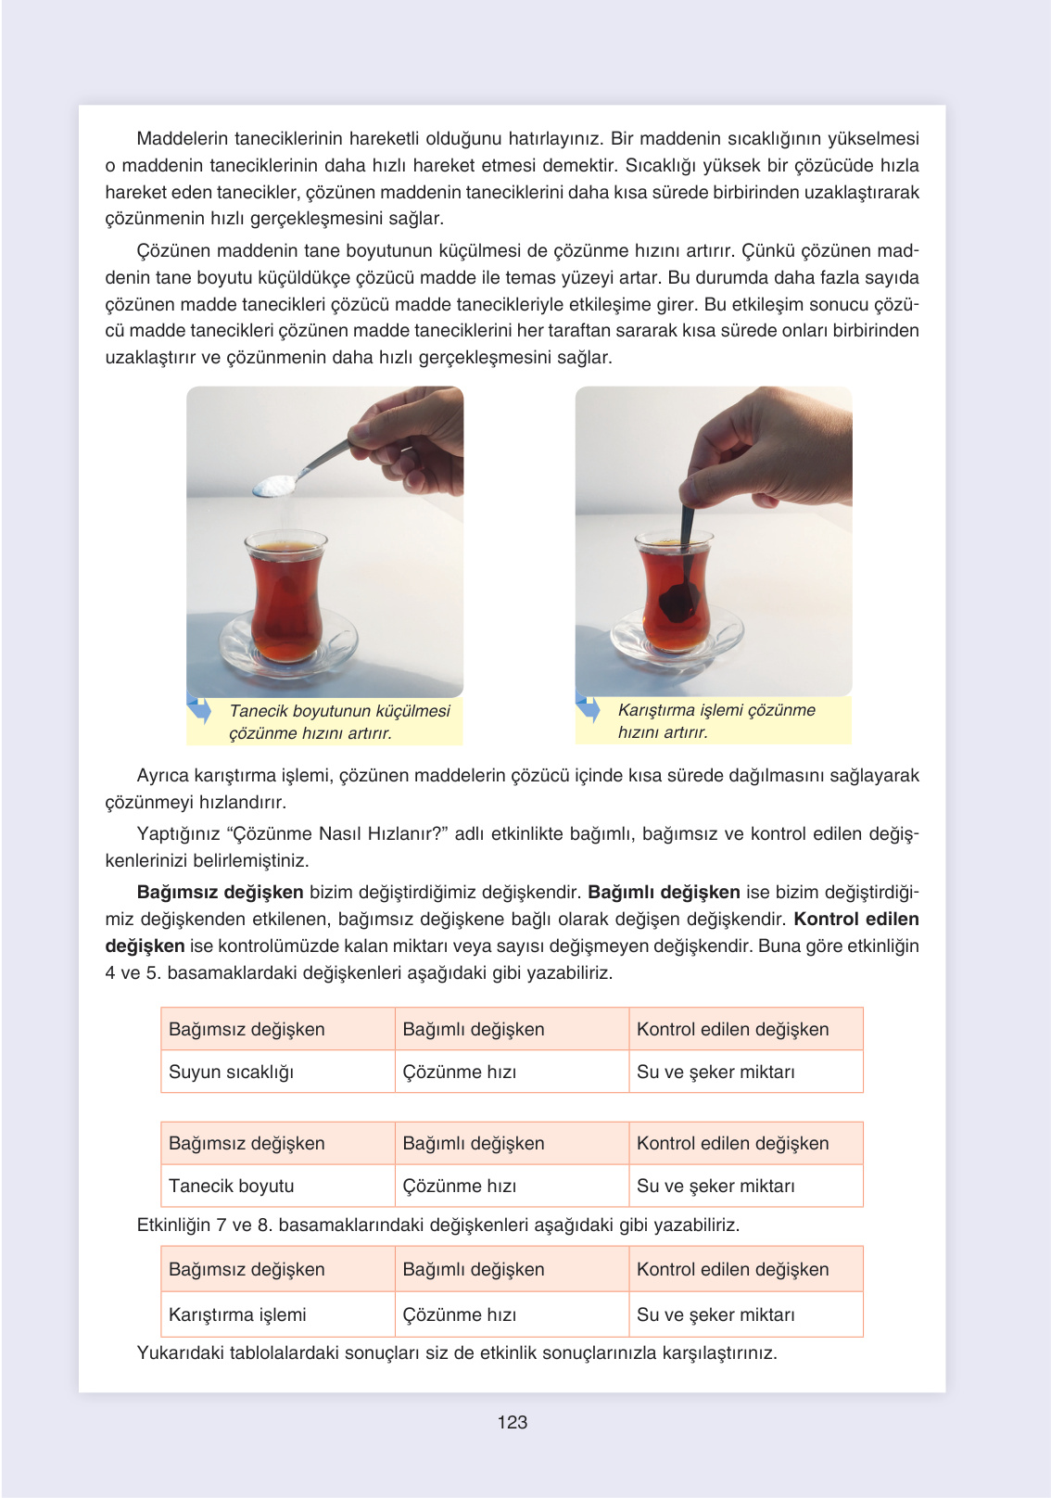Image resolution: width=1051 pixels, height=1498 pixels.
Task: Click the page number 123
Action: click(512, 1422)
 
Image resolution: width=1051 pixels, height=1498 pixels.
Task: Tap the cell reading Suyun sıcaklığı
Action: click(231, 1072)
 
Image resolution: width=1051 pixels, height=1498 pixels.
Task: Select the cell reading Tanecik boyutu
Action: click(231, 1186)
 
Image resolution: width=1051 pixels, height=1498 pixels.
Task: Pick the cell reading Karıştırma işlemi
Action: click(237, 1314)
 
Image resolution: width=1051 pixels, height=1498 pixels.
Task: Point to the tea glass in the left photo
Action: click(285, 593)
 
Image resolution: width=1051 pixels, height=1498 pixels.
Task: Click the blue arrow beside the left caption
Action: click(199, 710)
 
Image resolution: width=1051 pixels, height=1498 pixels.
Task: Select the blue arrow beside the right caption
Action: click(588, 709)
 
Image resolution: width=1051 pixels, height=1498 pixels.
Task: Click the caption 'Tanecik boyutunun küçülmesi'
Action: click(339, 711)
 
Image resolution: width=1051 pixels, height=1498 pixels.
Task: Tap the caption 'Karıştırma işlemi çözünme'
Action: click(716, 710)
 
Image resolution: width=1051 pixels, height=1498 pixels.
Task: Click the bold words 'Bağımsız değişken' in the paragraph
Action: click(220, 892)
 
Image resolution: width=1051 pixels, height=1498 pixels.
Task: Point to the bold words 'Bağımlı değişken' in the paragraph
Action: click(664, 892)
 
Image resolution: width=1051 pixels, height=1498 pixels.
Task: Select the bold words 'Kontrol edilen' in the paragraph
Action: click(856, 919)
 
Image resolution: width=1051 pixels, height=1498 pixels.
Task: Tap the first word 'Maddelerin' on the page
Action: click(182, 139)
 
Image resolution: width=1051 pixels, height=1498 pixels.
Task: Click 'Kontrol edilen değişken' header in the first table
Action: click(732, 1029)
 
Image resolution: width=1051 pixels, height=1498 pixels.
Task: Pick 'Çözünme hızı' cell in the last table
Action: click(460, 1314)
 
